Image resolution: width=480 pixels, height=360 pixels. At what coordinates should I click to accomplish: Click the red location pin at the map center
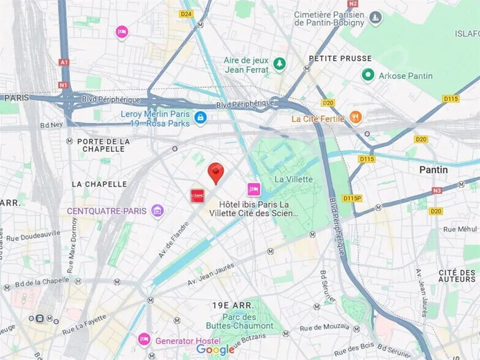(216, 172)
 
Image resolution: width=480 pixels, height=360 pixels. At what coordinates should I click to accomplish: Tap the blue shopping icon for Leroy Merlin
(200, 117)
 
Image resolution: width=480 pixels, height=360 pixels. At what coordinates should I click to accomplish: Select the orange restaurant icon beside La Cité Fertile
(355, 117)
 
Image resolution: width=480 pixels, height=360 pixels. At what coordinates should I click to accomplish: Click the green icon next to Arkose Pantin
(368, 75)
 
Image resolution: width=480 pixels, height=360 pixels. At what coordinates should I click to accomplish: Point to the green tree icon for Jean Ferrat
(280, 63)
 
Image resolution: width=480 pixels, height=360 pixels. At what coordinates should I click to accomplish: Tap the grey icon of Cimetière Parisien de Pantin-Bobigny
(375, 18)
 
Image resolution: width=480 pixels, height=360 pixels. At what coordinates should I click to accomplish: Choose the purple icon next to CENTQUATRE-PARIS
(158, 211)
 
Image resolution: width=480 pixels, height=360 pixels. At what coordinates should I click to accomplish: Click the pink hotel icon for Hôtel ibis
(253, 189)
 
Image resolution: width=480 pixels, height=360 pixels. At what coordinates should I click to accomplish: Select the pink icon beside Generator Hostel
(144, 339)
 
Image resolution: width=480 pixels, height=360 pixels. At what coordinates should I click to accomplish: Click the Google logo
(215, 350)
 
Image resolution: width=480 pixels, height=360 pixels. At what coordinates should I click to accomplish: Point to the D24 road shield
(186, 13)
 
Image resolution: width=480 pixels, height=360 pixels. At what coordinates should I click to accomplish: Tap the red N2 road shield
(352, 4)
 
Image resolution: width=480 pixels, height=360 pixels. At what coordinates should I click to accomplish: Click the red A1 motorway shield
(64, 62)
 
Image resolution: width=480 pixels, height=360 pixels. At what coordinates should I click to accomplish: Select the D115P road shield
(352, 198)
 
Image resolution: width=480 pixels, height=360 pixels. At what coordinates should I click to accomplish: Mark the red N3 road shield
(437, 190)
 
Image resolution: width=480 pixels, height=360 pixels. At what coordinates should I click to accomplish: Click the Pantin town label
(433, 170)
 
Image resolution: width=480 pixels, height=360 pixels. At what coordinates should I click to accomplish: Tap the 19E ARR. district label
(233, 305)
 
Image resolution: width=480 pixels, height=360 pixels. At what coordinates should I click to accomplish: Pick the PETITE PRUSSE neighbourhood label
(340, 58)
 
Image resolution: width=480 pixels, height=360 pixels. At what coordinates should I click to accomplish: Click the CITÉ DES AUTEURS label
(457, 276)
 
